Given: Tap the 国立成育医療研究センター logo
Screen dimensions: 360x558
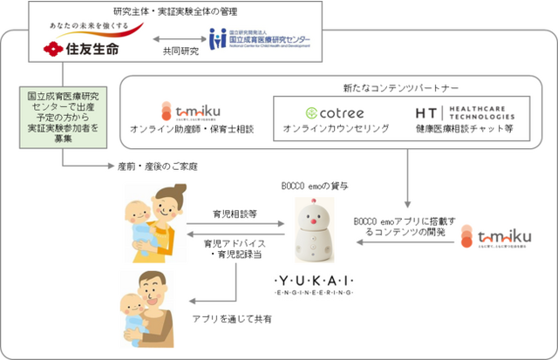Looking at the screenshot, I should click(x=260, y=40).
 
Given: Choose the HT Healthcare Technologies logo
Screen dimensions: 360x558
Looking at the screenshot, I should click(x=462, y=113).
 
